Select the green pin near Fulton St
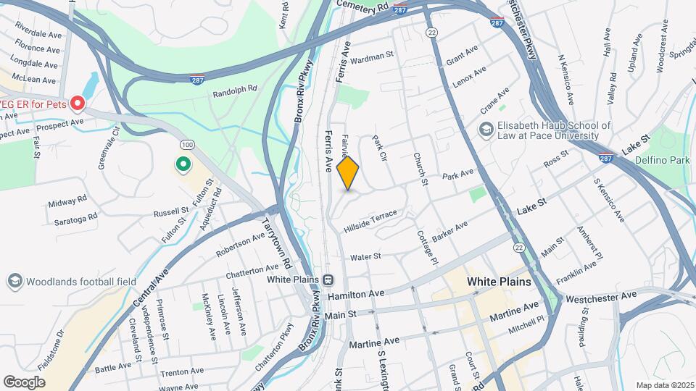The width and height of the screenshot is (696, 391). [183, 165]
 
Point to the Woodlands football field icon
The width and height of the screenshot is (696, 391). [14, 281]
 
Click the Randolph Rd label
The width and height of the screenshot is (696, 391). [235, 92]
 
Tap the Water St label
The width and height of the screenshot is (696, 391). [365, 257]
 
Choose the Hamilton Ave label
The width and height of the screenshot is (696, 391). [355, 295]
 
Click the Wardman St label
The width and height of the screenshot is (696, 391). [373, 54]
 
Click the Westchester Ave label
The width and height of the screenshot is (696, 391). [600, 297]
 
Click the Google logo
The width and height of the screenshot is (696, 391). [24, 382]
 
